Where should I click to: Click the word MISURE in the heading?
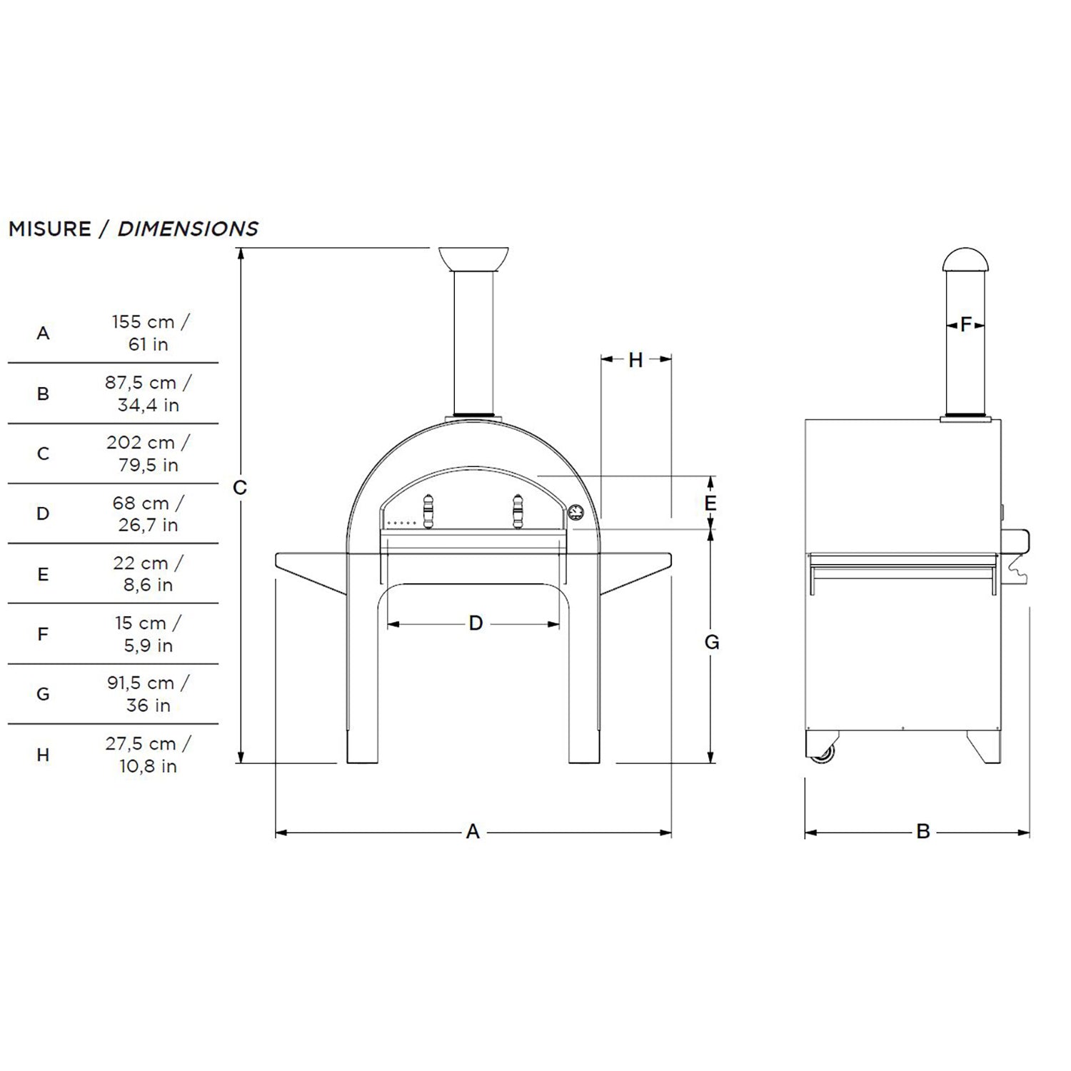[50, 229]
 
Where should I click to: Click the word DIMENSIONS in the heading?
[188, 229]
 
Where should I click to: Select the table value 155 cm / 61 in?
[149, 333]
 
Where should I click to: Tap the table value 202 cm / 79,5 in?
[149, 453]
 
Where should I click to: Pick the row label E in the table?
[43, 574]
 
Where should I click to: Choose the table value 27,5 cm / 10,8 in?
[149, 755]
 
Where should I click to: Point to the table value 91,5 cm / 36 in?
[149, 694]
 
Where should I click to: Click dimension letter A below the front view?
[473, 832]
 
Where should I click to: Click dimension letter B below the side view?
[923, 832]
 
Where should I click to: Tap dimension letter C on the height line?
[240, 488]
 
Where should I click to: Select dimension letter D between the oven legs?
[476, 623]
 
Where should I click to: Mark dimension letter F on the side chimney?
[966, 325]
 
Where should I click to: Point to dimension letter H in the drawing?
[635, 361]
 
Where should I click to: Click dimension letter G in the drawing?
[712, 643]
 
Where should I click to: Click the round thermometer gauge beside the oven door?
[575, 513]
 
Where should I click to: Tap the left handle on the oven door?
[428, 511]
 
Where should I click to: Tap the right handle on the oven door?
[518, 511]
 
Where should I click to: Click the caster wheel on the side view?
[823, 752]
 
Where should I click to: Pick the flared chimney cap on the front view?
[473, 258]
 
